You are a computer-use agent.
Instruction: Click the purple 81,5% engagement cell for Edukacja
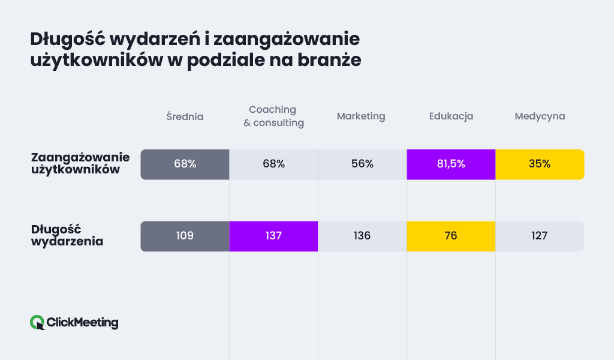(x=451, y=164)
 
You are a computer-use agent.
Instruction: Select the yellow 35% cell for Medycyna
(x=540, y=164)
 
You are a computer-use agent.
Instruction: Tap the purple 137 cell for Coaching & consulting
(x=273, y=236)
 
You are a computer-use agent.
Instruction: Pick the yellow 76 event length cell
(x=451, y=236)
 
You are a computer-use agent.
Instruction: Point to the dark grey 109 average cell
(x=185, y=236)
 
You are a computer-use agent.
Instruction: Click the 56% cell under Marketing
(x=362, y=164)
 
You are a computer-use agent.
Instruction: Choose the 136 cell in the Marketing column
(x=362, y=236)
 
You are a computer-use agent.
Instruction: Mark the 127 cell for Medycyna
(x=540, y=236)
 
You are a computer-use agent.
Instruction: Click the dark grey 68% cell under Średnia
(x=185, y=164)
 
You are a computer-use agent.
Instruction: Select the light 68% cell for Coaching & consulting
(x=273, y=164)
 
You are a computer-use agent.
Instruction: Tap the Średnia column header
(x=185, y=116)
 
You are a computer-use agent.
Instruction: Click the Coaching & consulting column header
(x=273, y=116)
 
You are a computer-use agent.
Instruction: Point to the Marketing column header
(x=361, y=116)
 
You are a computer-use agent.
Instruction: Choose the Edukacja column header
(x=451, y=116)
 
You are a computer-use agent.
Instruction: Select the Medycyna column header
(x=540, y=116)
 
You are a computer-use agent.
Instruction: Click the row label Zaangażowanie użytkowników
(x=80, y=164)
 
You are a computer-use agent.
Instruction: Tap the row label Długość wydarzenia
(x=67, y=236)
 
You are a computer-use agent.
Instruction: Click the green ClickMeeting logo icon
(x=37, y=323)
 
